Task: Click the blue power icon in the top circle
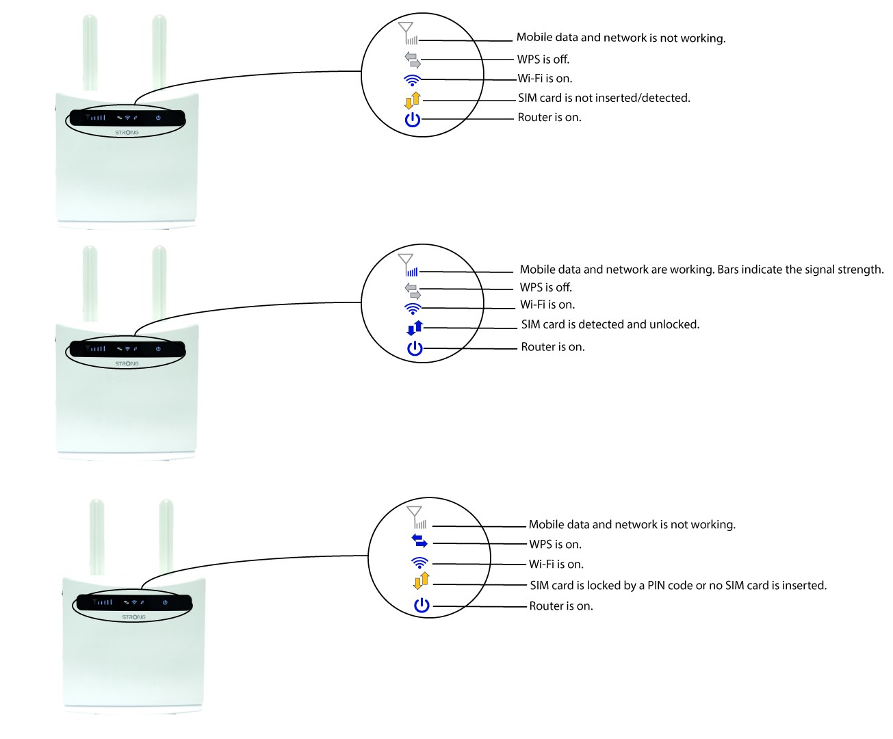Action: (x=412, y=120)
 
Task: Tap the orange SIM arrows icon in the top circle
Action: (x=413, y=100)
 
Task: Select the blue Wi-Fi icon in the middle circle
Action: (x=413, y=309)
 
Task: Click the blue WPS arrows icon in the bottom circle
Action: (x=419, y=541)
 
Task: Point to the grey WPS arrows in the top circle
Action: (x=413, y=60)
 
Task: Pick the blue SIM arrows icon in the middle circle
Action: (x=415, y=328)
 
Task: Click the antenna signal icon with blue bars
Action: (x=408, y=265)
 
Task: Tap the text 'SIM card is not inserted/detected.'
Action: (x=604, y=98)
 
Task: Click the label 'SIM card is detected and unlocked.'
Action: (x=610, y=324)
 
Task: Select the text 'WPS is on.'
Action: (x=555, y=545)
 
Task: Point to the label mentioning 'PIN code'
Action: (x=678, y=586)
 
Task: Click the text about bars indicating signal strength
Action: (x=701, y=270)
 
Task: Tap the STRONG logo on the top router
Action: (x=127, y=133)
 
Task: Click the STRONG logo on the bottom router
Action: (x=134, y=617)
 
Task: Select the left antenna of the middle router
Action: (x=90, y=283)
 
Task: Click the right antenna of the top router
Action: (x=159, y=53)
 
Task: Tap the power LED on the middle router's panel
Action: (x=158, y=349)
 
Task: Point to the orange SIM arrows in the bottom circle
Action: (x=422, y=581)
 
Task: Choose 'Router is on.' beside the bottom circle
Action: (x=561, y=606)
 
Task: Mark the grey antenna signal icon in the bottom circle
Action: (x=416, y=517)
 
